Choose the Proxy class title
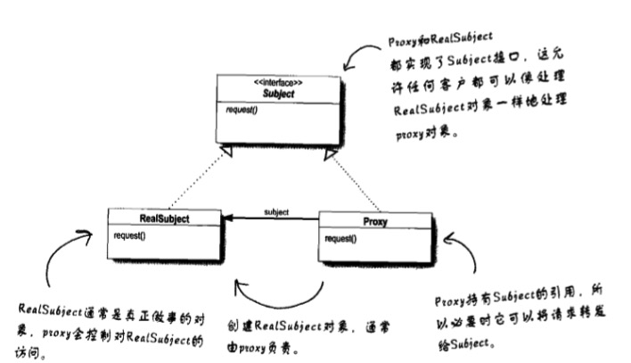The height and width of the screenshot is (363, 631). tap(374, 221)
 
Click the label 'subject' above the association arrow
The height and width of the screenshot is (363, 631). tap(276, 211)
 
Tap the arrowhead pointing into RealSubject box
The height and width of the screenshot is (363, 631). tap(227, 219)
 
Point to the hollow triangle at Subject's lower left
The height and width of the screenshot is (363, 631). tap(227, 153)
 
